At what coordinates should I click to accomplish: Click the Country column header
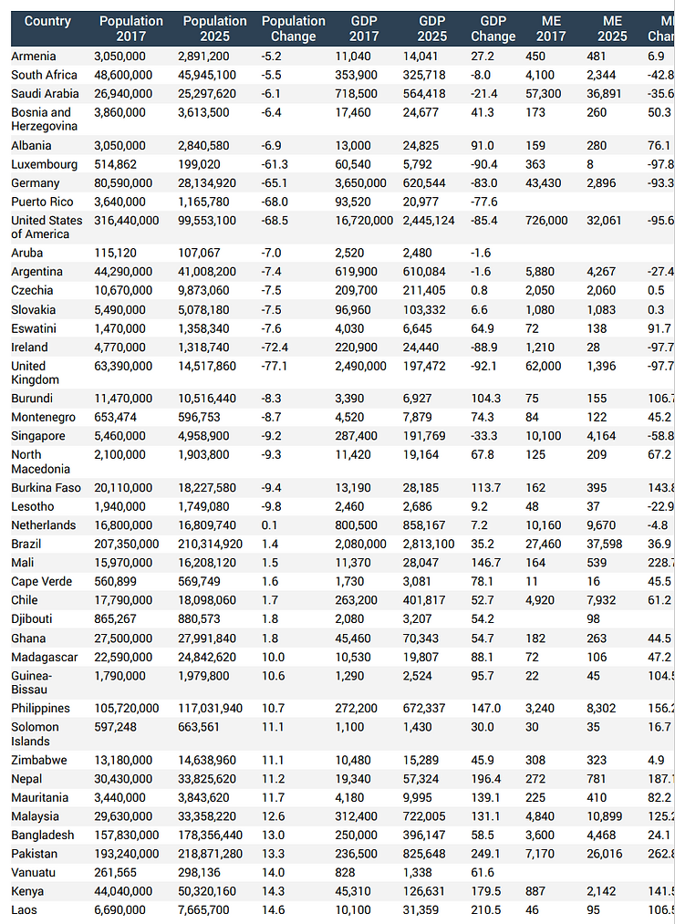(47, 21)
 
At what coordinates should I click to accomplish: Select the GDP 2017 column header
(370, 28)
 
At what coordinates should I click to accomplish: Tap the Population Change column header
(293, 28)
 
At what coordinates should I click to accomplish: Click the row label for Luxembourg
(41, 164)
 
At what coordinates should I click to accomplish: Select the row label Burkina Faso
(47, 487)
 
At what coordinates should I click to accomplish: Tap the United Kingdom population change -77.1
(275, 366)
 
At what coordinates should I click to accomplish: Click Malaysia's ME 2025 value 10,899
(607, 816)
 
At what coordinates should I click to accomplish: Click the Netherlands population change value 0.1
(270, 525)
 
